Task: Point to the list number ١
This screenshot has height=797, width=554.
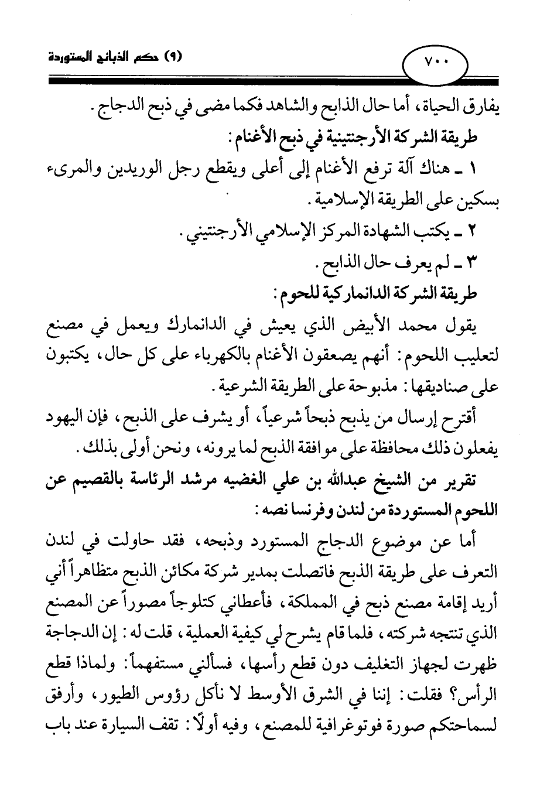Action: pos(473,171)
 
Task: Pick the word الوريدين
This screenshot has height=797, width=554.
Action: pos(143,171)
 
